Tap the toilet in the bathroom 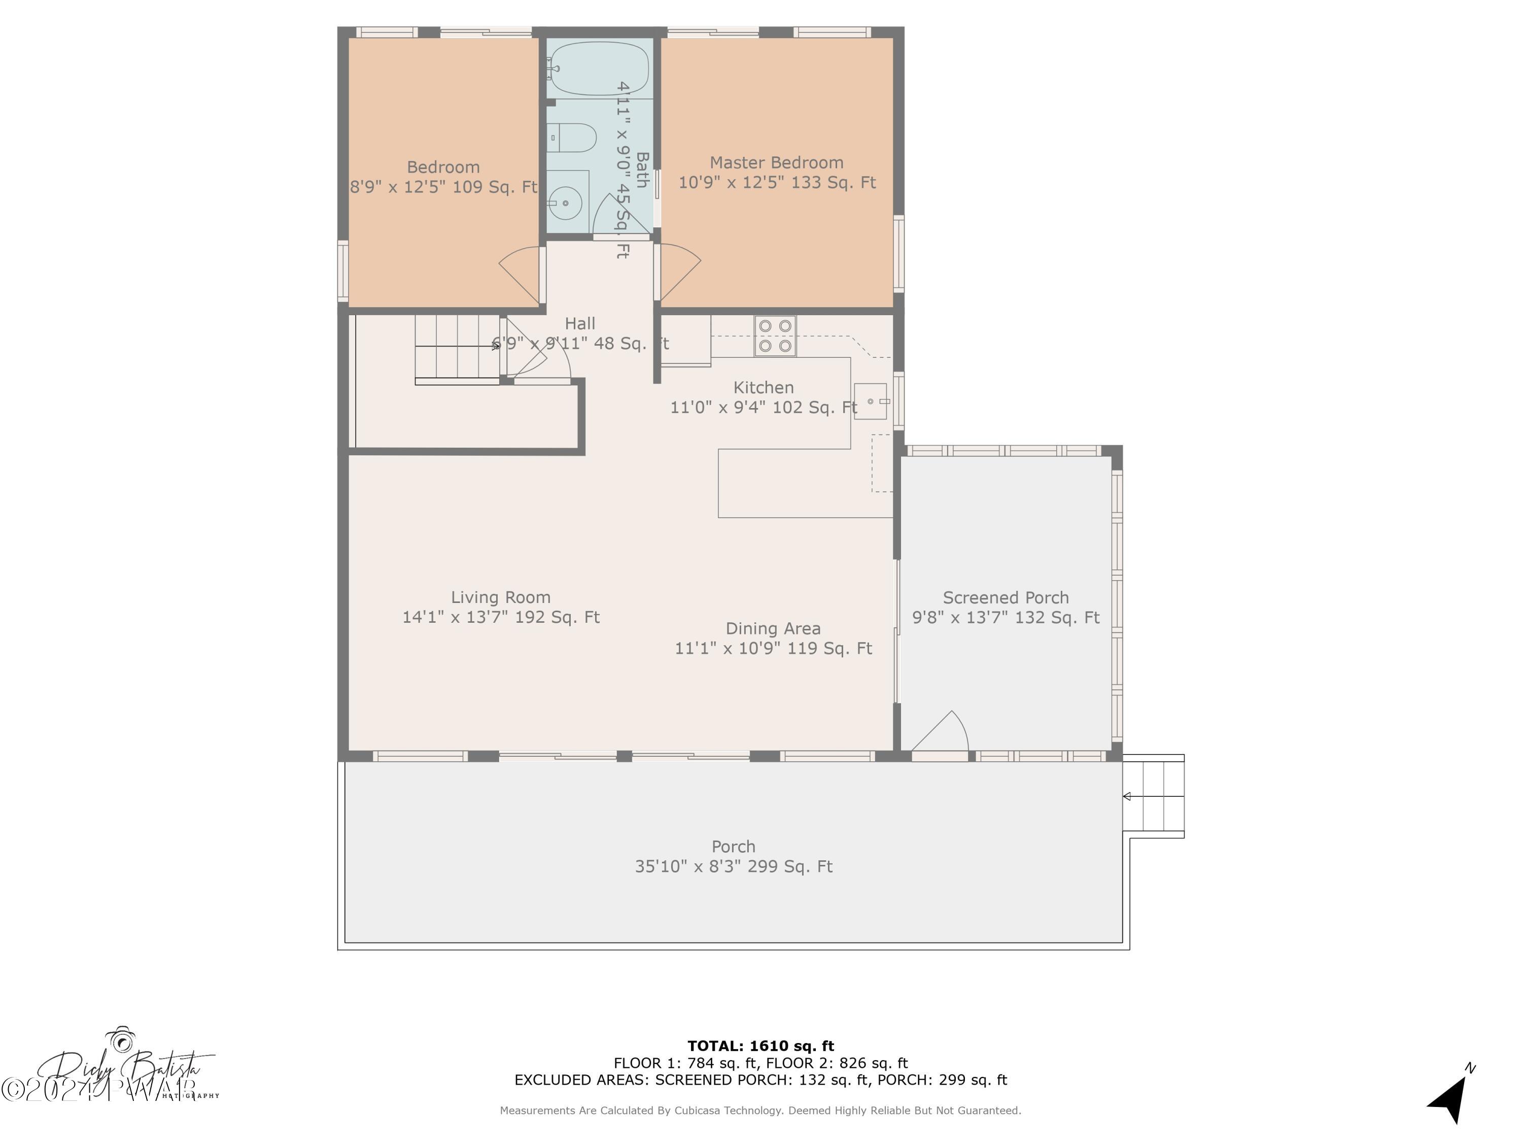click(x=573, y=138)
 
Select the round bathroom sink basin click(x=566, y=203)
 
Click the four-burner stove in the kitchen click(x=775, y=336)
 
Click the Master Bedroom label click(x=776, y=163)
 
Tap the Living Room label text click(x=500, y=597)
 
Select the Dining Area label click(x=773, y=628)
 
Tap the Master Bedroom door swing click(x=680, y=272)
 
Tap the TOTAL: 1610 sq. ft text click(x=760, y=1046)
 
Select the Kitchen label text click(x=763, y=388)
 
